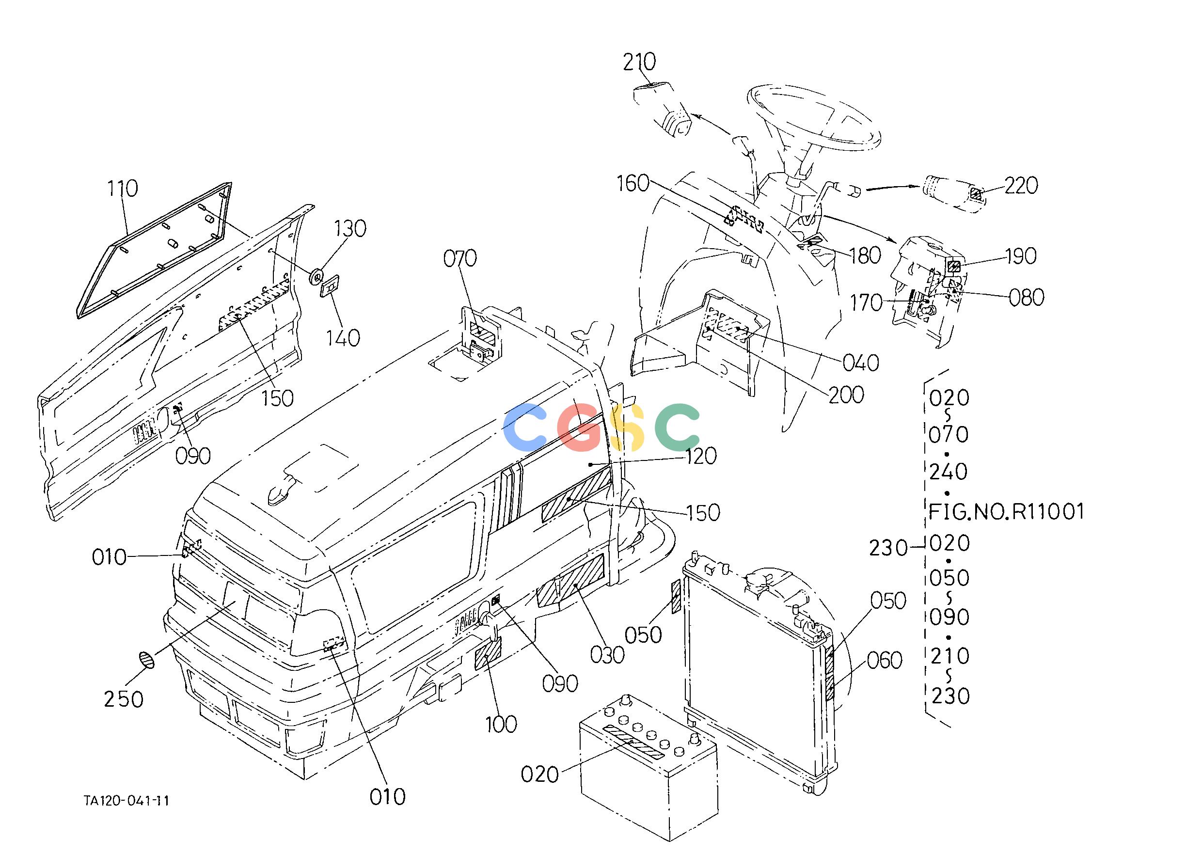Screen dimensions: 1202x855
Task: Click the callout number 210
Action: pos(640,62)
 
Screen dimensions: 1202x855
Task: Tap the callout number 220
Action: pos(1021,185)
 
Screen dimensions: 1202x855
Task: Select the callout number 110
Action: pos(123,188)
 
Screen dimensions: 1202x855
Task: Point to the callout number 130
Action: pos(350,228)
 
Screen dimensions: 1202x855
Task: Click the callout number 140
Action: pos(343,337)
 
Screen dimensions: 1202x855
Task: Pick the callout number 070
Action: pos(459,258)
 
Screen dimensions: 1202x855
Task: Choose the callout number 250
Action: pos(124,699)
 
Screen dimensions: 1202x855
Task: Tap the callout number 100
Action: pos(501,725)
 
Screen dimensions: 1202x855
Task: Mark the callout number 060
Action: pos(885,660)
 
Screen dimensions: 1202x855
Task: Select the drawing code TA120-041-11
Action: pos(127,801)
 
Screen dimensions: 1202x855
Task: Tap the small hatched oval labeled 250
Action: pos(147,660)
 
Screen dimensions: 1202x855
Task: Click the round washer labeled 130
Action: pos(317,276)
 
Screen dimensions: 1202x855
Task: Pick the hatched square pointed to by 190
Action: pos(953,267)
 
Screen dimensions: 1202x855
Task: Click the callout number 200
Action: pos(846,395)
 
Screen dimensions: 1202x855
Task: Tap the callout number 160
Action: pos(633,183)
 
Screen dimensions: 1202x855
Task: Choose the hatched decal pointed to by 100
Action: pos(488,653)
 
